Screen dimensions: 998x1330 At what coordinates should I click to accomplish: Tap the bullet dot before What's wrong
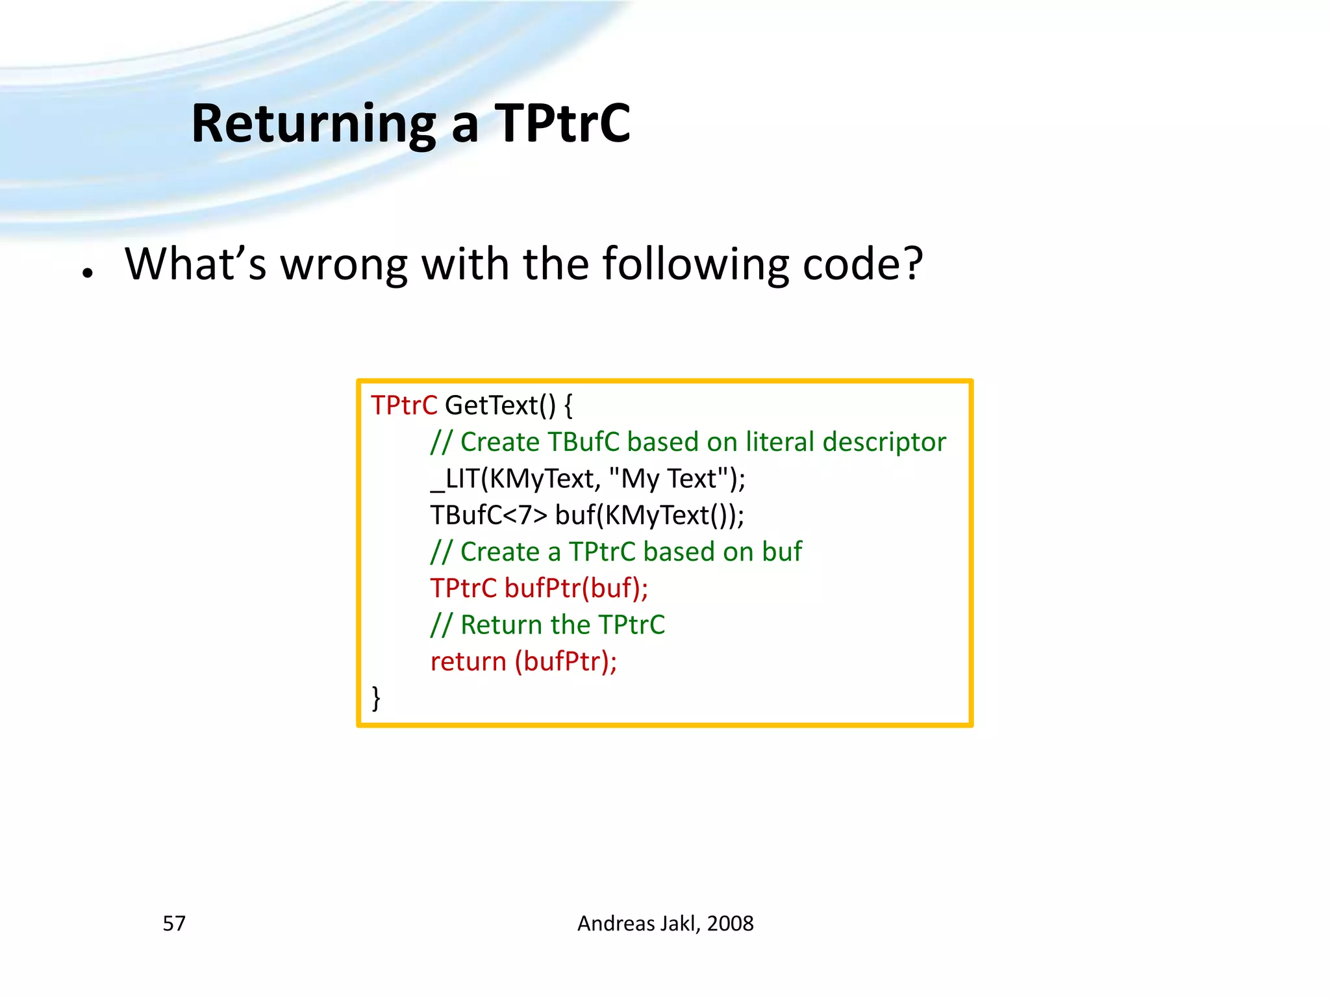pyautogui.click(x=88, y=274)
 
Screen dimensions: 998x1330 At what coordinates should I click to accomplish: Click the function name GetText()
pyautogui.click(x=500, y=405)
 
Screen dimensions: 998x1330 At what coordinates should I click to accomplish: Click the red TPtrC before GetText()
pyautogui.click(x=404, y=405)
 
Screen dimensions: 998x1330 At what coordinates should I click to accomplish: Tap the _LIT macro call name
pyautogui.click(x=455, y=479)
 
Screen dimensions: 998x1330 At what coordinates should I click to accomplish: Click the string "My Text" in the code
pyautogui.click(x=669, y=479)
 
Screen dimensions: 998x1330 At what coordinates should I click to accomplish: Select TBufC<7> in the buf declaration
pyautogui.click(x=489, y=515)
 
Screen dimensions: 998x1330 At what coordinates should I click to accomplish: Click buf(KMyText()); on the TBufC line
pyautogui.click(x=649, y=515)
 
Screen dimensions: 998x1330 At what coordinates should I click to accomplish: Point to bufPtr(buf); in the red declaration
pyautogui.click(x=576, y=588)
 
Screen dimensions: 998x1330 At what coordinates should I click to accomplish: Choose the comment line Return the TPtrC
pyautogui.click(x=547, y=625)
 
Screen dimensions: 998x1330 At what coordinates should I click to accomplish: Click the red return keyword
pyautogui.click(x=468, y=661)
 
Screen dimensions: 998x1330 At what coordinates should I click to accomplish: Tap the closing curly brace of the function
pyautogui.click(x=376, y=698)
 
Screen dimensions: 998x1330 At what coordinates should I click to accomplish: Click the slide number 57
pyautogui.click(x=174, y=923)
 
